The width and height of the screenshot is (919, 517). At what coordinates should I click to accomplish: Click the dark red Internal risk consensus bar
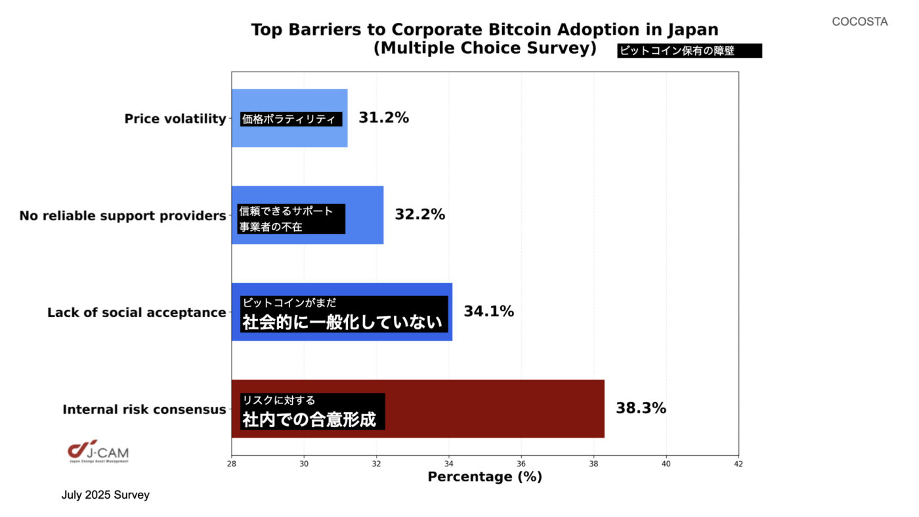tap(492, 409)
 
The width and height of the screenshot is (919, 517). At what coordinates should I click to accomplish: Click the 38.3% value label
tap(641, 408)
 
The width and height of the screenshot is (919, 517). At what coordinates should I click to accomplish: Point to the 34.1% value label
tap(488, 312)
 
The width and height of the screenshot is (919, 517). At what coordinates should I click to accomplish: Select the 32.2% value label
tap(419, 215)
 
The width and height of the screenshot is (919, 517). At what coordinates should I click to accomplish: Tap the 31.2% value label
tap(383, 118)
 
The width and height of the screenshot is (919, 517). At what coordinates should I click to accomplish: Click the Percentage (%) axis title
tap(484, 477)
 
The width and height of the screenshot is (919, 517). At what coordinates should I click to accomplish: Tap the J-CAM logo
tap(98, 451)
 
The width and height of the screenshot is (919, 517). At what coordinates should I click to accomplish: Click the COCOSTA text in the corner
tap(859, 22)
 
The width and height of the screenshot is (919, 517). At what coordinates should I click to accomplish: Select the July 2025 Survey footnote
tap(106, 495)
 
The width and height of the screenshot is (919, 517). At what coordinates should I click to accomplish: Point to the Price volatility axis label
tap(175, 119)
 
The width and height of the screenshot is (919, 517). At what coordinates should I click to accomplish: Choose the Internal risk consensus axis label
tap(144, 409)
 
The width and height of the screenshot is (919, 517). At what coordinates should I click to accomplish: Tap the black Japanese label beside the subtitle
tap(689, 51)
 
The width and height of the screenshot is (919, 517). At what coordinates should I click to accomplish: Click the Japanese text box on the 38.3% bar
tap(312, 411)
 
